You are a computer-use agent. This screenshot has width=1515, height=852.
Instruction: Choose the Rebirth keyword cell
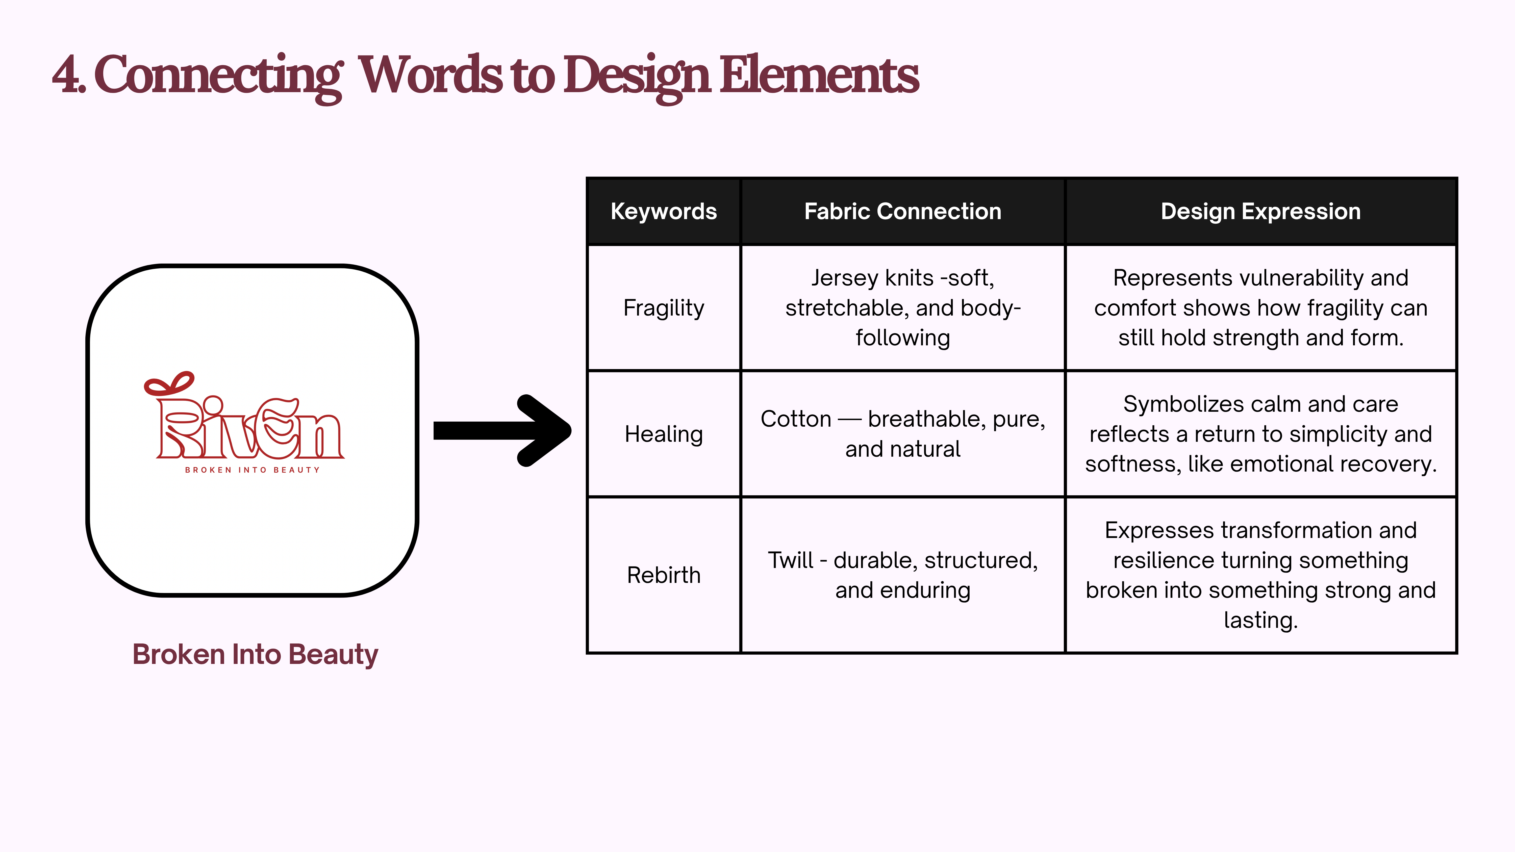coord(663,575)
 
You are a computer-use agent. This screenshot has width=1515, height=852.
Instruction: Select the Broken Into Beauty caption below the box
coord(255,654)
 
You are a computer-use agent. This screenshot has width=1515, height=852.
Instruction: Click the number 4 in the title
coord(66,75)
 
